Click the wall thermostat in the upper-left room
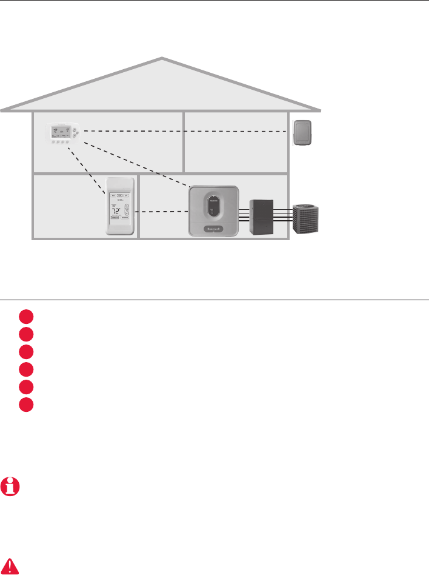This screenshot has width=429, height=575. coord(63,135)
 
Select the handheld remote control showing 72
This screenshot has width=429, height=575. coord(119,206)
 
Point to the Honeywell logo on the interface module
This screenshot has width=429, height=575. coord(213,229)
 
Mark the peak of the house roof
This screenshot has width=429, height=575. coord(162,59)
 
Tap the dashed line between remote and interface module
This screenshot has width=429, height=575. coord(161,212)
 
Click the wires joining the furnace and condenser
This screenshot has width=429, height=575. coord(284,216)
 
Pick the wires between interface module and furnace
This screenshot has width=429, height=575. coord(242,216)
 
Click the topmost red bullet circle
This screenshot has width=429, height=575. coord(25,315)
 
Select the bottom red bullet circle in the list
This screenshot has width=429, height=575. coord(25,405)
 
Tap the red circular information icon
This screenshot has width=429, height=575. coord(10,486)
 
